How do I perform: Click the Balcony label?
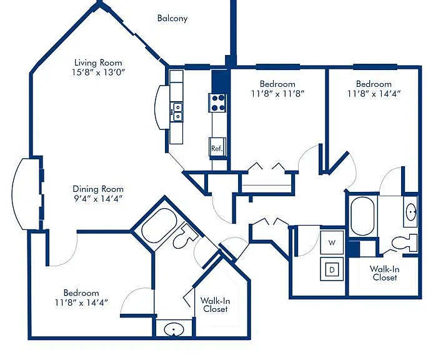pos(172,18)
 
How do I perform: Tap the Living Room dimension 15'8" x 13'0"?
pos(98,72)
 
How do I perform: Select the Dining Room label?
pos(98,189)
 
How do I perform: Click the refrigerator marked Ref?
pos(217,147)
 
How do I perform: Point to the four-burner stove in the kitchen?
pos(217,102)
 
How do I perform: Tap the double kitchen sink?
pos(177,111)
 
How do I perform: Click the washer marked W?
pos(332,242)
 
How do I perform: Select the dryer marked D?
pos(332,269)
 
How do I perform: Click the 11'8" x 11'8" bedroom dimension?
pos(277,94)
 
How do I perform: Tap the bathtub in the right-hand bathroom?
pos(362,216)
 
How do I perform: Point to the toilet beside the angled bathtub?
pos(184,236)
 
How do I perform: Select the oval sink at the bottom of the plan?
pos(174,329)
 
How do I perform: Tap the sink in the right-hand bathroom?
pos(411,211)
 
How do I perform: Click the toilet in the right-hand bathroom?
pos(404,242)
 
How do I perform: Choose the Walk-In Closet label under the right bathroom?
pos(385,273)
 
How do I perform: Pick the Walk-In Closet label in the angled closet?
pos(216,305)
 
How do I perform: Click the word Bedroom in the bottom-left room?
pos(81,292)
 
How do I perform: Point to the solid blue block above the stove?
pos(219,82)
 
